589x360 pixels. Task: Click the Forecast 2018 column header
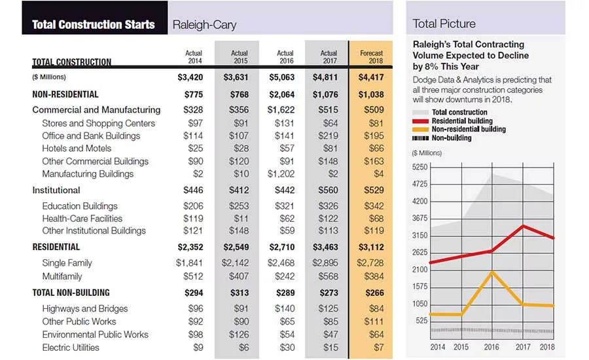[x=371, y=57]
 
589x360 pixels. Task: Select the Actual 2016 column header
[x=285, y=57]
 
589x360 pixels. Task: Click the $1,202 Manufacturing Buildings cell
[x=281, y=174]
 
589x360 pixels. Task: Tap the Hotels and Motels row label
[x=77, y=149]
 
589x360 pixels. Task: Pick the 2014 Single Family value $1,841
[x=189, y=263]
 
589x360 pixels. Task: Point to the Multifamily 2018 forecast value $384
[x=374, y=277]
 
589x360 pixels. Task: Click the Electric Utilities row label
[x=71, y=348]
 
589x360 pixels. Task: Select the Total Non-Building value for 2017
[x=329, y=293]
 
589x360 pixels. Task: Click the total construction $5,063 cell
[x=281, y=77]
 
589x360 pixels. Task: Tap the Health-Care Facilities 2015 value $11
[x=241, y=219]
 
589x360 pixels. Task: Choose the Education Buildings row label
[x=80, y=206]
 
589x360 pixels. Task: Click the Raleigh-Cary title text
[x=204, y=25]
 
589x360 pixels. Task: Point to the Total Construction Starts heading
[x=94, y=25]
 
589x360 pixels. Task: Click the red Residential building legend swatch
[x=420, y=121]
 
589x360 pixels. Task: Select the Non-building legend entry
[x=442, y=138]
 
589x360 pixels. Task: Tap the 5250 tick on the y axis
[x=419, y=167]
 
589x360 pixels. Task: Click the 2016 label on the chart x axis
[x=491, y=347]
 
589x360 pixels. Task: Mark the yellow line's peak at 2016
[x=492, y=272]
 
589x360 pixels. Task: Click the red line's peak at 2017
[x=524, y=226]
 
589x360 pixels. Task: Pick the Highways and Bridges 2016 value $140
[x=285, y=309]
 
